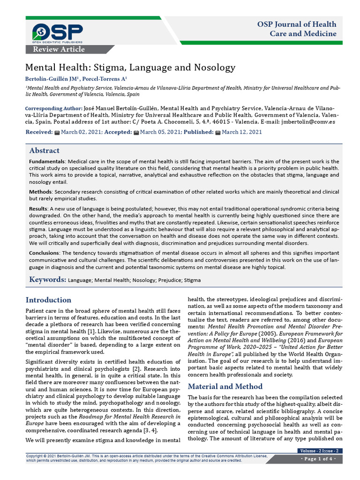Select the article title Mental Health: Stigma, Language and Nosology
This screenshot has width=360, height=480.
click(130, 67)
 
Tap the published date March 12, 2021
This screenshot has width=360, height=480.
click(241, 132)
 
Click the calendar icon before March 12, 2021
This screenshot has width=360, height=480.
click(217, 133)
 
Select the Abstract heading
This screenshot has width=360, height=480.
click(44, 150)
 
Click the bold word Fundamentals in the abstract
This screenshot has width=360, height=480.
click(46, 161)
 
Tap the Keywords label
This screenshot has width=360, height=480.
click(47, 280)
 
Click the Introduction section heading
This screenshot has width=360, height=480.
click(48, 300)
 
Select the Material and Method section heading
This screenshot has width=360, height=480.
click(225, 386)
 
